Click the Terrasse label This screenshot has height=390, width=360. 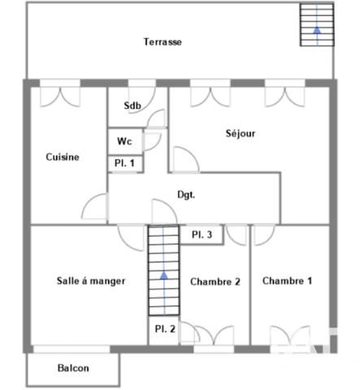click(163, 41)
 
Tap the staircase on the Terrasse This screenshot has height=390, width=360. click(315, 24)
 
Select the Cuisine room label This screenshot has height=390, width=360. click(63, 158)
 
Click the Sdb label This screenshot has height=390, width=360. click(131, 106)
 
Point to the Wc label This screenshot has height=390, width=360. click(124, 141)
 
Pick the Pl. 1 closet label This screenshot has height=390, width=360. click(124, 164)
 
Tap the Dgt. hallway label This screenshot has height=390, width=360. click(187, 195)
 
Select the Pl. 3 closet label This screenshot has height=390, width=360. click(202, 235)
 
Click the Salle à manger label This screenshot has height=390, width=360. click(91, 281)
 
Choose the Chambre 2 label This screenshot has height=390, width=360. click(215, 282)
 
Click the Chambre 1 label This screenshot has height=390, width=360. click(287, 280)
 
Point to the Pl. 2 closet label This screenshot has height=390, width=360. click(165, 329)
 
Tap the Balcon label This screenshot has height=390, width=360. click(73, 368)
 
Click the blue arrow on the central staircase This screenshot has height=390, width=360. click(164, 276)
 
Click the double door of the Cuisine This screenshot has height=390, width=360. click(60, 95)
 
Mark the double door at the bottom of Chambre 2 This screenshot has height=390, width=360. click(207, 335)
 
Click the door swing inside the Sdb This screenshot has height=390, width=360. click(157, 118)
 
